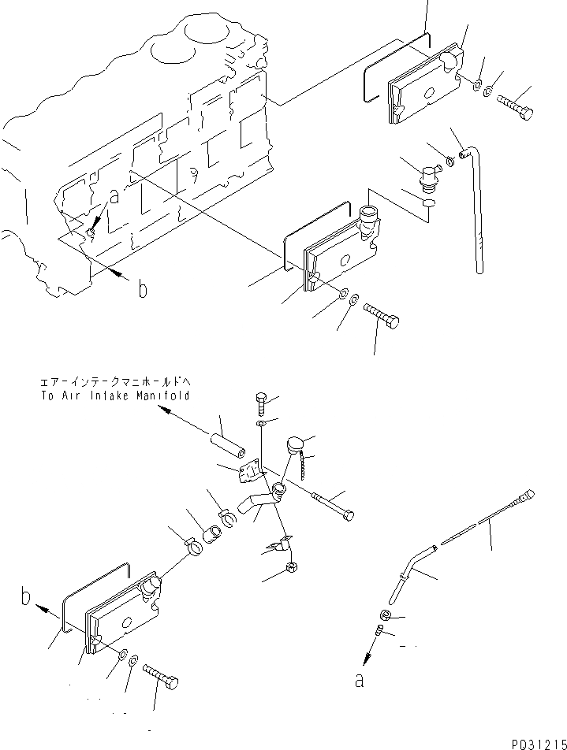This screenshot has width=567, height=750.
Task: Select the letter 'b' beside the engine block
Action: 142,289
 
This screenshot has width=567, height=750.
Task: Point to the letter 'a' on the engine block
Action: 115,198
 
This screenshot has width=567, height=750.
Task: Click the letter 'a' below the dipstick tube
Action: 360,681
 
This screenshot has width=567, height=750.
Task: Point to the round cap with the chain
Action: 296,444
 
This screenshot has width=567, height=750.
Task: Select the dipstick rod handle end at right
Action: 526,496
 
